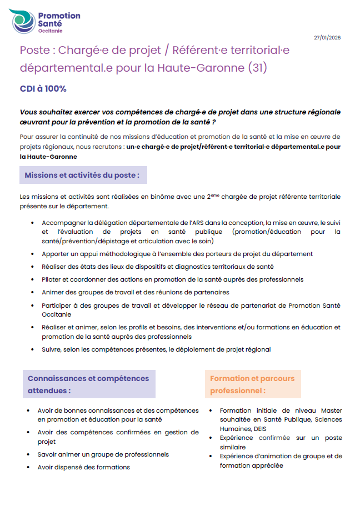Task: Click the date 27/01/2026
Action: (x=327, y=38)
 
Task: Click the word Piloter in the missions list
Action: (x=53, y=279)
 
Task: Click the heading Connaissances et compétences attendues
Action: (x=88, y=384)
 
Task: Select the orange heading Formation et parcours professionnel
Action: (x=252, y=384)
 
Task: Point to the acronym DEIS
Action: (x=260, y=429)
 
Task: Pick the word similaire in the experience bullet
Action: (x=233, y=447)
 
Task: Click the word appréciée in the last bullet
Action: (x=266, y=465)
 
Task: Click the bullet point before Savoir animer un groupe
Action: (x=28, y=455)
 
